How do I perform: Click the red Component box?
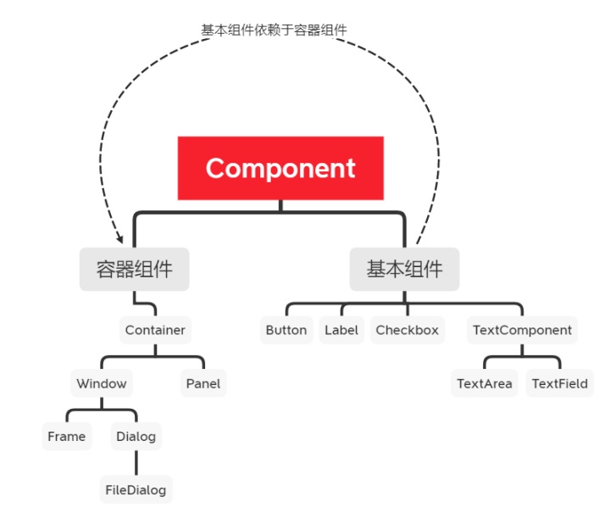click(280, 168)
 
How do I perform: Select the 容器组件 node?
click(135, 270)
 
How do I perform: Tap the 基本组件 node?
click(404, 270)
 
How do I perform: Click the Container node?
click(155, 330)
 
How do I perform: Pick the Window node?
click(102, 383)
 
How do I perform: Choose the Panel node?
click(203, 383)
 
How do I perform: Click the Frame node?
click(67, 437)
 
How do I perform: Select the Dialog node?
click(136, 437)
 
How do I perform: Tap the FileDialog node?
click(136, 489)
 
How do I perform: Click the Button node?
click(286, 330)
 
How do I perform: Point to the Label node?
click(341, 330)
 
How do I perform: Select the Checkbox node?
click(408, 330)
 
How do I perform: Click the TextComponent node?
click(522, 330)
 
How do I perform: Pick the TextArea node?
click(485, 383)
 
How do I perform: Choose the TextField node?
click(560, 383)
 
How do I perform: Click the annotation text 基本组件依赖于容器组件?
click(274, 30)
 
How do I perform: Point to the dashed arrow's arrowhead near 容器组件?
click(119, 240)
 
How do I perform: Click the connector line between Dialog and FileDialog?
click(136, 463)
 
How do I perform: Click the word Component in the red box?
click(280, 168)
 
